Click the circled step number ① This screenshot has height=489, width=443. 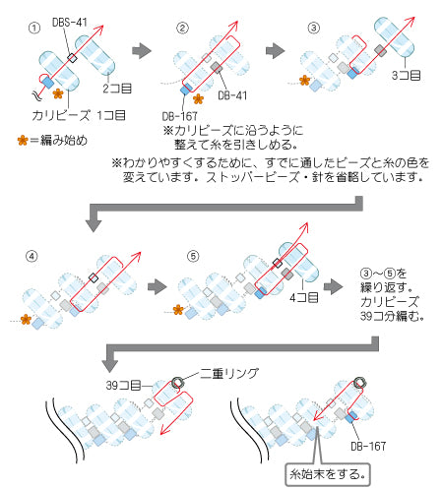point(34,28)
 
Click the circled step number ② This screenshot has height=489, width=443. point(182,28)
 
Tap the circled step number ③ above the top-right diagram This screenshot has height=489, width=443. point(314,28)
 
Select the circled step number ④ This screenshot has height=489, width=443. point(32,256)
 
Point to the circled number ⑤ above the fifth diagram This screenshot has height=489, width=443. point(193,256)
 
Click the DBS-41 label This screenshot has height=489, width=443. point(70,23)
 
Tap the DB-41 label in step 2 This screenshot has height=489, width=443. point(232,95)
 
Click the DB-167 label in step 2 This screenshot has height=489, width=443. point(179,116)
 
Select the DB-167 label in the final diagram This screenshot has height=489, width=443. point(368,446)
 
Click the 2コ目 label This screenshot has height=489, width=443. point(117,89)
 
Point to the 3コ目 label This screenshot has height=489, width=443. point(406,76)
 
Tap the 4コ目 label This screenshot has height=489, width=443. point(304,297)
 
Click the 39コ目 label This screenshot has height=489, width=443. point(123,385)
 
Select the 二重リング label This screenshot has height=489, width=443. point(229,373)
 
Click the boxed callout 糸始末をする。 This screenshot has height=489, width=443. point(328,474)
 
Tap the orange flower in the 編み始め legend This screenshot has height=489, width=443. point(23,141)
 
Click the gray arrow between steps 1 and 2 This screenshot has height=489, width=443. point(142,51)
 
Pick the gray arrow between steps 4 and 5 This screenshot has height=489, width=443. point(158,287)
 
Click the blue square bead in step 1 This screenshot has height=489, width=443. point(48,82)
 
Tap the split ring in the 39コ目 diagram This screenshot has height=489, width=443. point(177,383)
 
